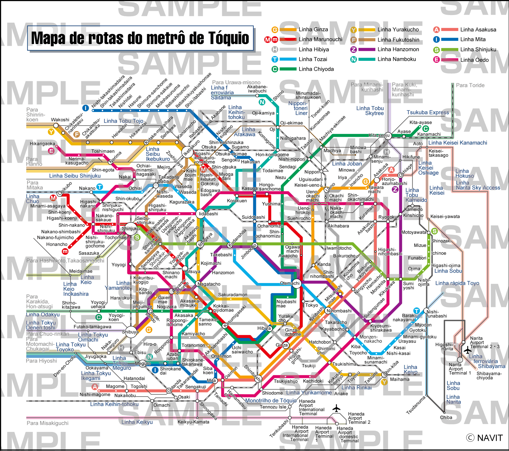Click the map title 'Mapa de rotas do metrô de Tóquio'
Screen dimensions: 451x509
[140, 38]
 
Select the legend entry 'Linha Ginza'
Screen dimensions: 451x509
[313, 30]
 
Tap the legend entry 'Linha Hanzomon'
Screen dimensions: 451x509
[398, 49]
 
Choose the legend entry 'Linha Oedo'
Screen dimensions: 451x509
[474, 60]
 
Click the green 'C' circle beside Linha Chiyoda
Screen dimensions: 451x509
[275, 69]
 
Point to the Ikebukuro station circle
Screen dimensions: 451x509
[187, 152]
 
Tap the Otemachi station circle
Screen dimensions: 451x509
[296, 283]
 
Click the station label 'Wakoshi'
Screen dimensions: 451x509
[60, 120]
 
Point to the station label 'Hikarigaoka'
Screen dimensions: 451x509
[42, 144]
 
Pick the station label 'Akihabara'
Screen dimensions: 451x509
[338, 226]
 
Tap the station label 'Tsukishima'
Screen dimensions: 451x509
[344, 364]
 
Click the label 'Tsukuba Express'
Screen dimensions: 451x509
[428, 112]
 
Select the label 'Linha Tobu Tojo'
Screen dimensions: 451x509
[123, 121]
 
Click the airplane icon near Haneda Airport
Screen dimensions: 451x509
[336, 408]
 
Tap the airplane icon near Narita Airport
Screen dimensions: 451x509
[468, 350]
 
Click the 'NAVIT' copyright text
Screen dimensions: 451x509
[490, 438]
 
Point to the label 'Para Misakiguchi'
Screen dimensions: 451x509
[48, 423]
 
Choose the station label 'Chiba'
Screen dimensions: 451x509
[446, 417]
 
